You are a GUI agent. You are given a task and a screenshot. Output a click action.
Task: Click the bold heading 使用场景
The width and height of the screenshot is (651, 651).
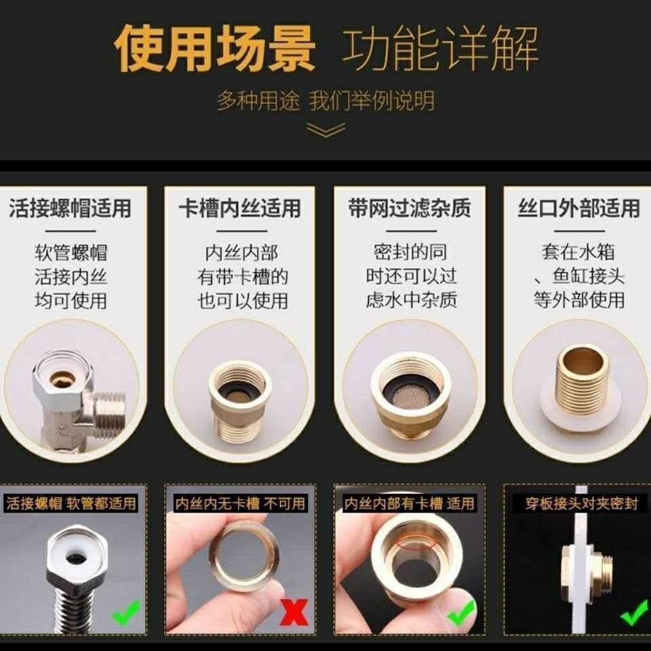tap(215, 48)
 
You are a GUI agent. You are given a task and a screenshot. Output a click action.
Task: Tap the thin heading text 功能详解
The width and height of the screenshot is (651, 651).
tap(440, 48)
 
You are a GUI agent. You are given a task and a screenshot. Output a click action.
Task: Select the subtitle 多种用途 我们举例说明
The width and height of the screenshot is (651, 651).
tap(325, 100)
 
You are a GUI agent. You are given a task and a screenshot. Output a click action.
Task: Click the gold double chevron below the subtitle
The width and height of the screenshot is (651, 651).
tap(325, 130)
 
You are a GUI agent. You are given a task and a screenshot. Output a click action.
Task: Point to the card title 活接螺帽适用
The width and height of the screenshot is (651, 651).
tap(70, 208)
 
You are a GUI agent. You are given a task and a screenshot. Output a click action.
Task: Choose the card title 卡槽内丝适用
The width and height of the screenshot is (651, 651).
tap(240, 208)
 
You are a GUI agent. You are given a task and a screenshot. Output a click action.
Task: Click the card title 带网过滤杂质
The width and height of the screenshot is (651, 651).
tap(410, 208)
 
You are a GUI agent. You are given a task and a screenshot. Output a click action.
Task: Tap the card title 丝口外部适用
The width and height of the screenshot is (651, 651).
tap(578, 208)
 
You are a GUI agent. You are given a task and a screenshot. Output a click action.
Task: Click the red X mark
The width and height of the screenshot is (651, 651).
tap(294, 612)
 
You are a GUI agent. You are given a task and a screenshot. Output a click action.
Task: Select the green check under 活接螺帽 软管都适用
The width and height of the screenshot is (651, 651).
tap(126, 612)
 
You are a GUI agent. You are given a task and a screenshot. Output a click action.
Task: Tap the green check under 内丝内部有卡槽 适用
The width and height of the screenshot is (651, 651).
tap(462, 612)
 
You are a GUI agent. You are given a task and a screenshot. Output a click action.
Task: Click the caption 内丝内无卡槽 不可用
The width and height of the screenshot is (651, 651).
tap(240, 504)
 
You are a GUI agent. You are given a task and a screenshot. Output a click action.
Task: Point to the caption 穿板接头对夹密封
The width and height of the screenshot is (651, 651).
tap(581, 504)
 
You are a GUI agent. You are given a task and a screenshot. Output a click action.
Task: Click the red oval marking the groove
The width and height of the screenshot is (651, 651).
tap(415, 542)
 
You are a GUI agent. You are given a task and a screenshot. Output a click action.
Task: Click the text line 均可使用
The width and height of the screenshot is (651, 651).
tap(71, 300)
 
